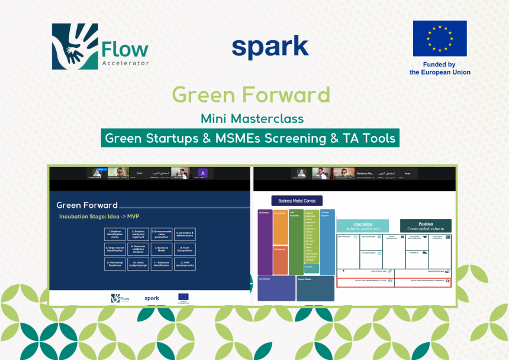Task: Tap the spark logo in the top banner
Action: [270, 47]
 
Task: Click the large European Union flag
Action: [439, 38]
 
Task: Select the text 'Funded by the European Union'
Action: [440, 68]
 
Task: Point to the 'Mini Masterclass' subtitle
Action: [252, 118]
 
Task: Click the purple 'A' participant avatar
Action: [202, 173]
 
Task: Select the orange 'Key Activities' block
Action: [281, 227]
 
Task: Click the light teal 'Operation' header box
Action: [363, 226]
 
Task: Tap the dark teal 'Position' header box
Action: [426, 226]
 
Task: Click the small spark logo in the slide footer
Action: [152, 298]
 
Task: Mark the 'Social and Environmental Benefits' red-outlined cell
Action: [423, 282]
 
